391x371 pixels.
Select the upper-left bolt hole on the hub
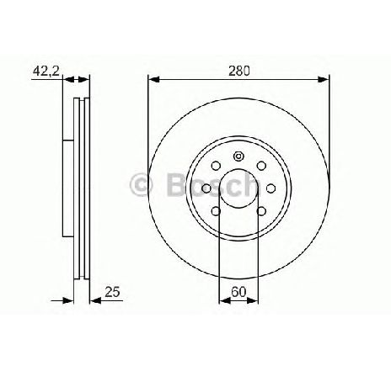(217, 165)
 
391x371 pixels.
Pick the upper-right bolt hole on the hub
(260, 165)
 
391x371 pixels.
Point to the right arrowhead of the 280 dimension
(324, 79)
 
